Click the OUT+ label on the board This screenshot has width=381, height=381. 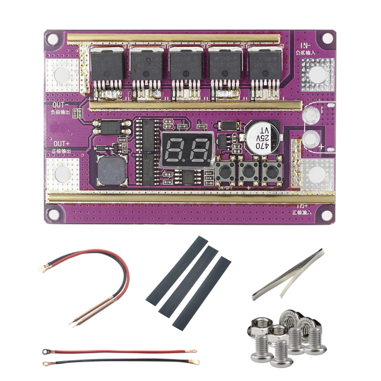61,143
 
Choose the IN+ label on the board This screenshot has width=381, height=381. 303,206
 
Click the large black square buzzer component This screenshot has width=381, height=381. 111,171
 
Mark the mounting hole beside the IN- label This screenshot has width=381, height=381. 327,38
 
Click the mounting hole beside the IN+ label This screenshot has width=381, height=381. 326,215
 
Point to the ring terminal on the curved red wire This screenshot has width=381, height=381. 42,269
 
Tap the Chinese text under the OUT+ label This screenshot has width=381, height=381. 61,151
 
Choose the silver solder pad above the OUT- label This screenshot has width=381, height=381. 62,75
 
